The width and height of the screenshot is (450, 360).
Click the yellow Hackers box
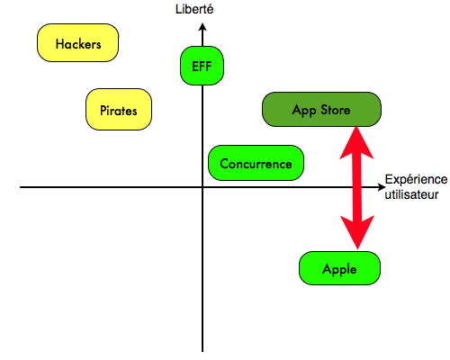click(x=77, y=43)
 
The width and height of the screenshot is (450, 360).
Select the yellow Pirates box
click(x=119, y=110)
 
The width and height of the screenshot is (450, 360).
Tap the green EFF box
click(x=202, y=66)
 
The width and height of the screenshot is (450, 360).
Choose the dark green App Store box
click(x=321, y=110)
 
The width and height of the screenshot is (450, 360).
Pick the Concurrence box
click(x=256, y=163)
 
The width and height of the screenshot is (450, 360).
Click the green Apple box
click(x=339, y=268)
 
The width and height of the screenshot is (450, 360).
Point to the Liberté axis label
click(x=194, y=9)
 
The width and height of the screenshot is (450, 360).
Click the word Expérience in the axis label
click(x=416, y=180)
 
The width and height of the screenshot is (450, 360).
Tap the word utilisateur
click(x=411, y=194)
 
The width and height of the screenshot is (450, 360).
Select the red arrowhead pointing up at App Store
click(x=356, y=142)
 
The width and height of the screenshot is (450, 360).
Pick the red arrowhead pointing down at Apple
click(x=357, y=232)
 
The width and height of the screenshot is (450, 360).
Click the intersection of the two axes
click(x=202, y=187)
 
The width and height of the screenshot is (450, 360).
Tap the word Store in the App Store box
click(x=336, y=110)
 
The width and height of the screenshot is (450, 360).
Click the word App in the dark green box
click(x=304, y=111)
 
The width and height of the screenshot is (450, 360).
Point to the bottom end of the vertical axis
click(x=202, y=351)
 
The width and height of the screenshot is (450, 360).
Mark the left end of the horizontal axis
click(x=21, y=187)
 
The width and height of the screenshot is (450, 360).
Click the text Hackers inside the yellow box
click(x=78, y=44)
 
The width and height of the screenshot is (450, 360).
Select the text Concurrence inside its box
click(x=256, y=164)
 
